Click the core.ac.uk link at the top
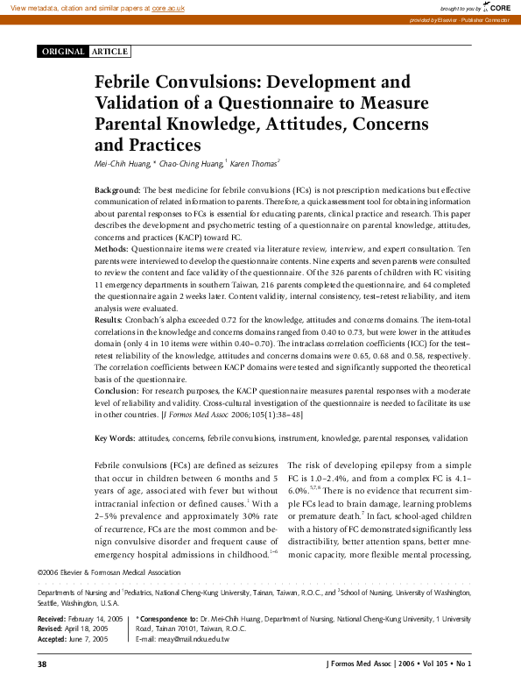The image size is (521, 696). (x=173, y=7)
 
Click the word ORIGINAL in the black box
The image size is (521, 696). (x=62, y=52)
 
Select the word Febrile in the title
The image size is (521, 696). (x=130, y=82)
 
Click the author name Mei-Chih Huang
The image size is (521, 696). (x=122, y=163)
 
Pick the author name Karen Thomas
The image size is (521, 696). (x=256, y=163)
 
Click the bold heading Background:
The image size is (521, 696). (x=117, y=190)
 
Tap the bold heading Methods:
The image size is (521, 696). (x=111, y=250)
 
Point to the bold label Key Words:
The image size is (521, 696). (x=115, y=437)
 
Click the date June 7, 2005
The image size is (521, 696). (x=88, y=639)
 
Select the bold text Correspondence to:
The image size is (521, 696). (x=167, y=620)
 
